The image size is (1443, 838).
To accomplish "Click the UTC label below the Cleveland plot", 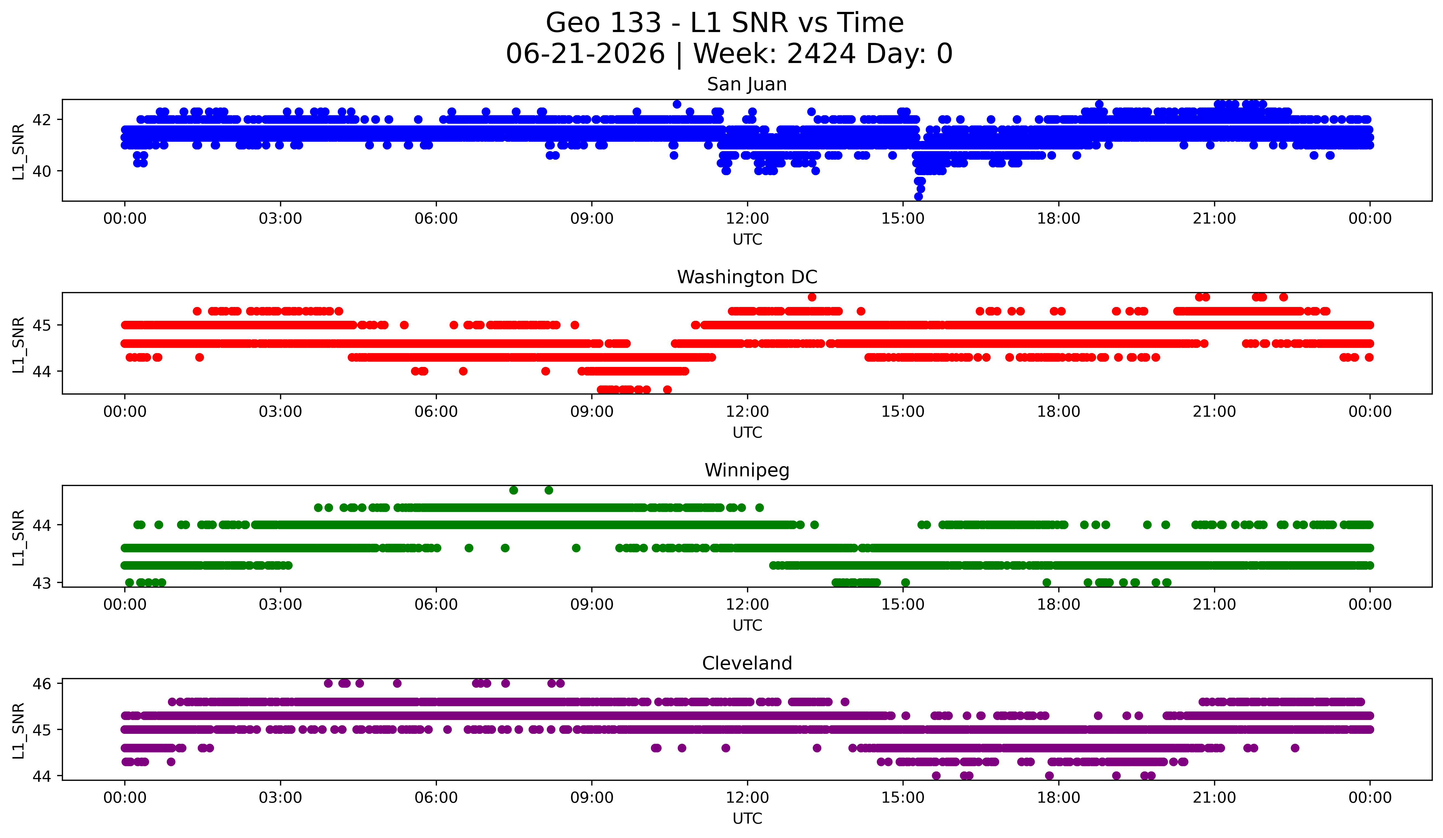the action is tap(747, 819).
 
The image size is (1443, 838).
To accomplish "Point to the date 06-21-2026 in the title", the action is tap(585, 54).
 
